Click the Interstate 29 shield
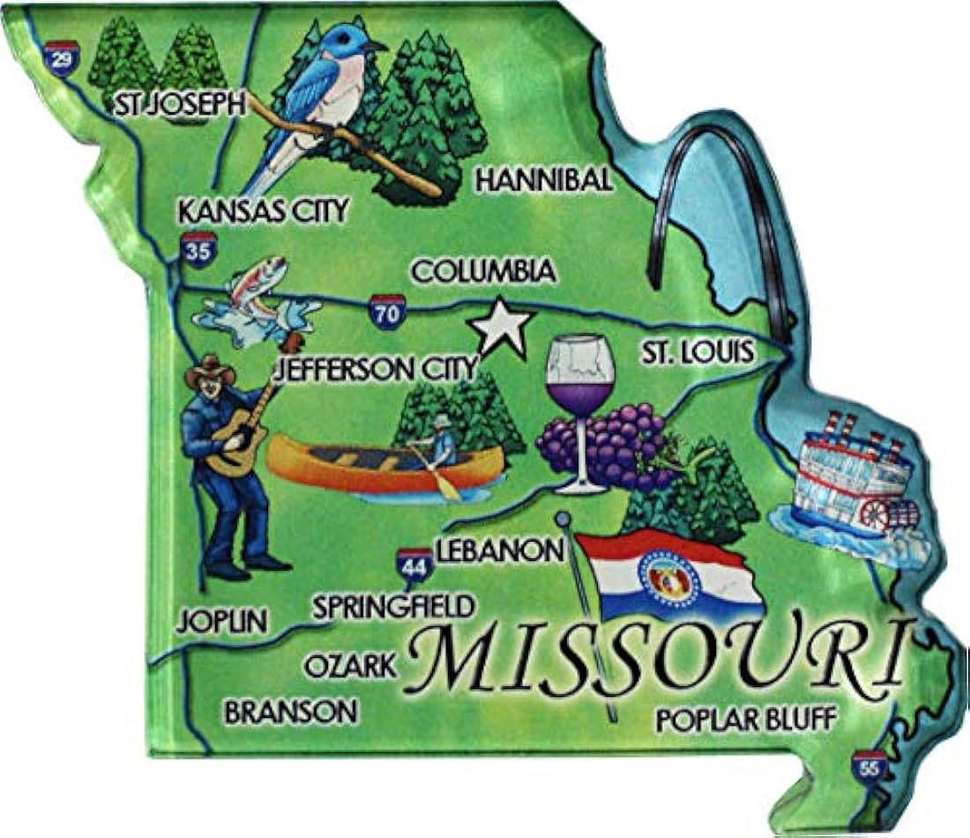click(60, 57)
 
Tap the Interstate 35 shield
click(198, 250)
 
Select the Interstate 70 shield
click(388, 311)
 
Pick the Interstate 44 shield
click(414, 565)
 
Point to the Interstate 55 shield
click(869, 767)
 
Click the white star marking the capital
click(501, 327)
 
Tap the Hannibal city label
click(543, 181)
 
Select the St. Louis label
click(697, 353)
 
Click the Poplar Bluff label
click(744, 719)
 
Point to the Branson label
click(291, 711)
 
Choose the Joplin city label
click(221, 620)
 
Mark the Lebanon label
click(499, 550)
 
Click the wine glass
click(579, 397)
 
